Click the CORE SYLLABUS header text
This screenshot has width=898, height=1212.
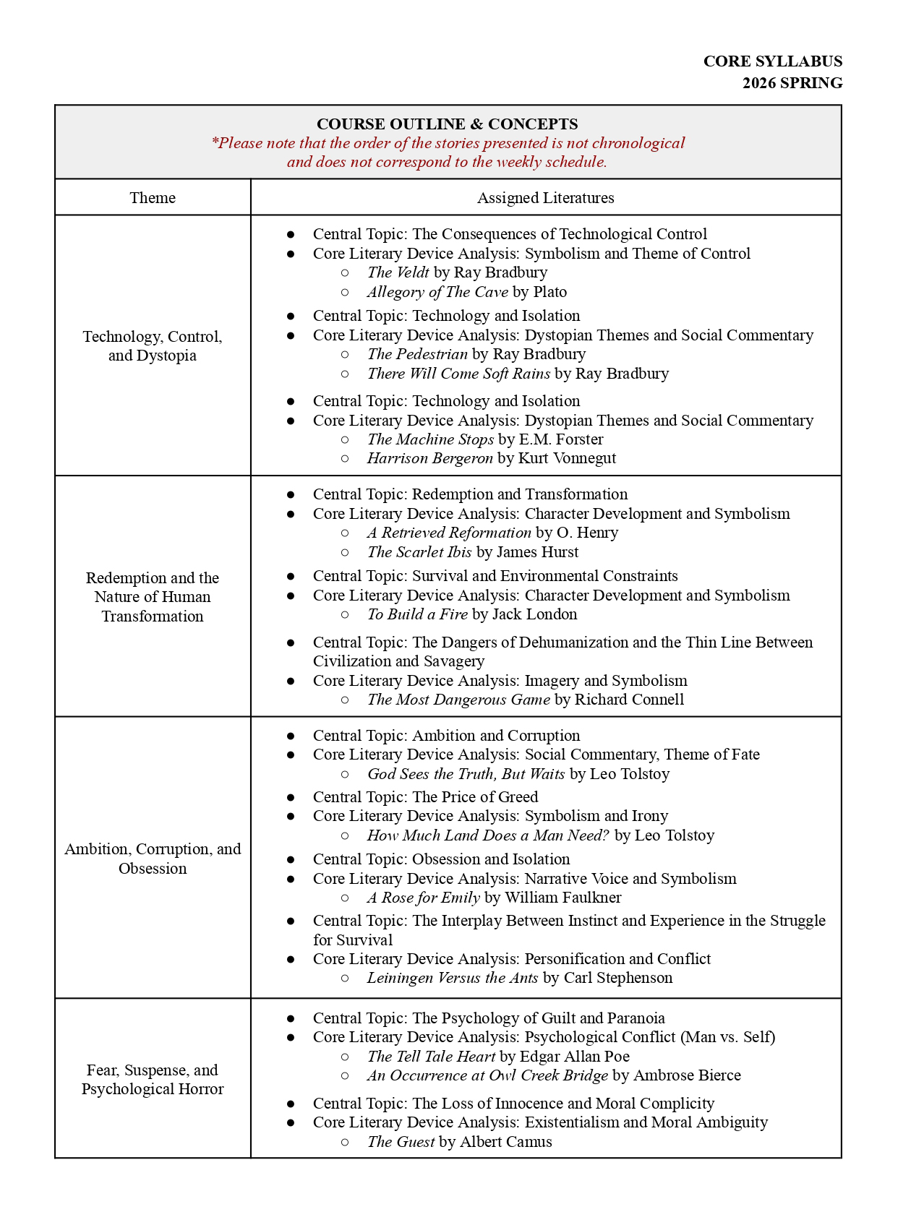[x=772, y=61]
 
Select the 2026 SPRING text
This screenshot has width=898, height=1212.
[x=792, y=83]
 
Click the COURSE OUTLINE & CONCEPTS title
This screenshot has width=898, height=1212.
[x=448, y=124]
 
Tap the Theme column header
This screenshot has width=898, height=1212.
[x=153, y=198]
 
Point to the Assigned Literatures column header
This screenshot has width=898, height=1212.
[x=545, y=198]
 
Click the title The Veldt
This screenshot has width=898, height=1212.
[x=398, y=272]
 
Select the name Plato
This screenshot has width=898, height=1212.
[x=550, y=292]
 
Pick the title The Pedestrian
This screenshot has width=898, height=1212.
[x=417, y=354]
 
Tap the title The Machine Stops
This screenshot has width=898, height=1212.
[x=430, y=439]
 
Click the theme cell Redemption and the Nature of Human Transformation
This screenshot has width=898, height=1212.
[x=153, y=597]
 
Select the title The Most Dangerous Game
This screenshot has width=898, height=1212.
[x=458, y=700]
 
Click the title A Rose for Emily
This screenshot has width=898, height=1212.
[x=423, y=898]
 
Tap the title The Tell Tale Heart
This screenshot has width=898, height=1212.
[x=431, y=1057]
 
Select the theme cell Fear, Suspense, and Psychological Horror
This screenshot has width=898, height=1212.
[x=153, y=1080]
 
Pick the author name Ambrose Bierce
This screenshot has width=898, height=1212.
[x=687, y=1075]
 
